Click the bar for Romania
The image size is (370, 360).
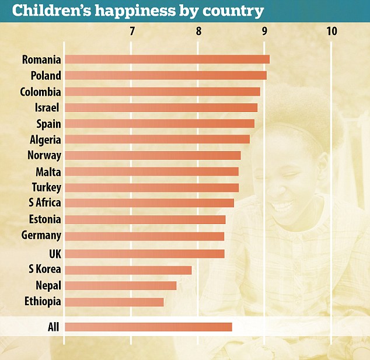[x=167, y=60]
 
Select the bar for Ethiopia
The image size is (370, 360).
[x=114, y=302]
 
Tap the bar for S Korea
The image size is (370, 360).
[x=128, y=270]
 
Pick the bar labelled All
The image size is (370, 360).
[x=148, y=327]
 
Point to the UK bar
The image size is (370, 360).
[x=144, y=253]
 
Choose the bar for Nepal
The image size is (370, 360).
[x=120, y=285]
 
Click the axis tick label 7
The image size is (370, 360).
[x=132, y=31]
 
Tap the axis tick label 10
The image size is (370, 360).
[x=331, y=31]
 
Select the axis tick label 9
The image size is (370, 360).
[x=265, y=31]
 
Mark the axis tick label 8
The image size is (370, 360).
[x=198, y=31]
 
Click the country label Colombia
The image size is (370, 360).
[x=40, y=92]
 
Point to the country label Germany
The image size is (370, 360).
[x=40, y=236]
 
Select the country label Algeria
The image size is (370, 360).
[x=45, y=139]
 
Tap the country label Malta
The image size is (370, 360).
[x=47, y=172]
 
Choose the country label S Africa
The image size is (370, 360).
[x=44, y=202]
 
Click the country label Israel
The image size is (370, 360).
[x=48, y=107]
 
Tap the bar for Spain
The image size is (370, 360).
[x=159, y=124]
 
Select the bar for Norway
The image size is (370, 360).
[x=152, y=155]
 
